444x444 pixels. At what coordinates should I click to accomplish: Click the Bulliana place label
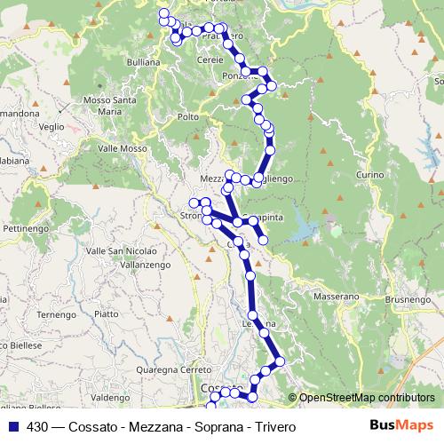[144, 62]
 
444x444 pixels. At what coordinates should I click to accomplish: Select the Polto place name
[188, 116]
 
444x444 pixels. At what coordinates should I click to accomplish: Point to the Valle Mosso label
[122, 148]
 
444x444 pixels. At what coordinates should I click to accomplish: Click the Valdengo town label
[111, 397]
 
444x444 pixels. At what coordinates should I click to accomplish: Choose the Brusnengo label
[407, 300]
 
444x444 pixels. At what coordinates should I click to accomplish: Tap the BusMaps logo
[401, 425]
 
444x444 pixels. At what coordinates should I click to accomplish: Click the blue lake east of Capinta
[303, 229]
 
